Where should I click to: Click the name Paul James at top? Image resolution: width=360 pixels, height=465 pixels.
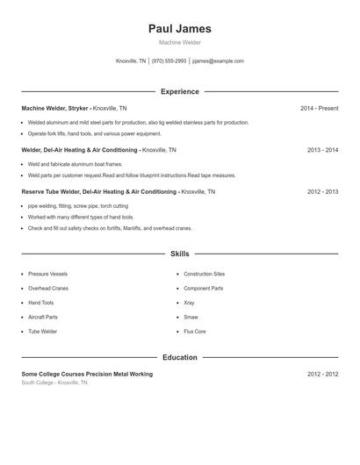pyautogui.click(x=180, y=28)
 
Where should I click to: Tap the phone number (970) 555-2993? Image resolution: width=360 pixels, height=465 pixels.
pyautogui.click(x=169, y=61)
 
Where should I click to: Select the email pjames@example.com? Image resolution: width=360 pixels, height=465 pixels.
pyautogui.click(x=218, y=61)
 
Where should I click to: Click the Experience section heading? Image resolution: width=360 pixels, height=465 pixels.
pyautogui.click(x=180, y=91)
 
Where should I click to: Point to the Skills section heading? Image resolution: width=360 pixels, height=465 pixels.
pyautogui.click(x=180, y=254)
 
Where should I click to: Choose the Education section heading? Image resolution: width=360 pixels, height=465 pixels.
pyautogui.click(x=180, y=357)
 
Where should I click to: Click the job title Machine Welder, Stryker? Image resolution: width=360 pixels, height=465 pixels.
pyautogui.click(x=54, y=108)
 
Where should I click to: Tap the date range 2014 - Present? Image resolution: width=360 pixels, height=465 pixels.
pyautogui.click(x=319, y=108)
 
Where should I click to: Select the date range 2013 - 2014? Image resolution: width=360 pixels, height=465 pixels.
pyautogui.click(x=322, y=150)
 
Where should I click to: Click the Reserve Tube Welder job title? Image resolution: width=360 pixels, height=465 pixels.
pyautogui.click(x=99, y=191)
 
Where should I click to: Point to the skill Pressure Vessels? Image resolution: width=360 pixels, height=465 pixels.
pyautogui.click(x=47, y=274)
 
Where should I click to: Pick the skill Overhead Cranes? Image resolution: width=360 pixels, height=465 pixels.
pyautogui.click(x=47, y=288)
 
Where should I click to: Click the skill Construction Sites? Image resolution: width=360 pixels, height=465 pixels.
pyautogui.click(x=204, y=274)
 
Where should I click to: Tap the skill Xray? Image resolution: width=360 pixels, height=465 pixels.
pyautogui.click(x=190, y=303)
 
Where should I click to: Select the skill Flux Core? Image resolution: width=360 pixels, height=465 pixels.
pyautogui.click(x=194, y=332)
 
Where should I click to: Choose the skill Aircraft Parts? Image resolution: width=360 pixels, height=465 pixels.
pyautogui.click(x=43, y=317)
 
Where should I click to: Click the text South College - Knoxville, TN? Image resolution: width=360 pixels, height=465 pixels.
pyautogui.click(x=54, y=383)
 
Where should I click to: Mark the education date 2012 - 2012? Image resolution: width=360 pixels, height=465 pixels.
pyautogui.click(x=322, y=374)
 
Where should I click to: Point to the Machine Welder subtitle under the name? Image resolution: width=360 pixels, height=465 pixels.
pyautogui.click(x=180, y=42)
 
